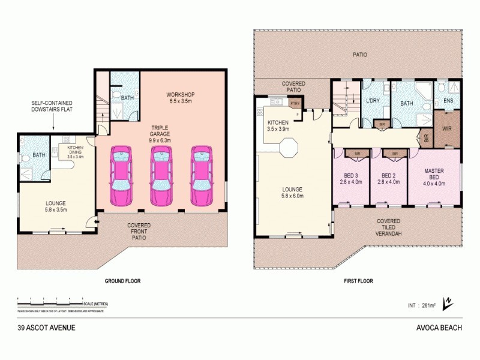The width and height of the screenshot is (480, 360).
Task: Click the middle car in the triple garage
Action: coord(161,177)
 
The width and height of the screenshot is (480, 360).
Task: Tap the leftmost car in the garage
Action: coord(122,177)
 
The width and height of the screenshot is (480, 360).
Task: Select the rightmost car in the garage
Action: coord(202,177)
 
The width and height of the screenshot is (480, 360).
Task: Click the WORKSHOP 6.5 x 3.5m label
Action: coord(181,98)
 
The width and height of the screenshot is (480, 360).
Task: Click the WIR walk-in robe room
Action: coord(446,128)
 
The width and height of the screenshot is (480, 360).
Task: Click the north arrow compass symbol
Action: coord(446,304)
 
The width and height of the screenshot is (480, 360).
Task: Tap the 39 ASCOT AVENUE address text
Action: coord(47,328)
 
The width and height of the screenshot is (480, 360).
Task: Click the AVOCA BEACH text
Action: coord(438,328)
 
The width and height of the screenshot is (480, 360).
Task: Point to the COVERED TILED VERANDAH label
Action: coord(388,227)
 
